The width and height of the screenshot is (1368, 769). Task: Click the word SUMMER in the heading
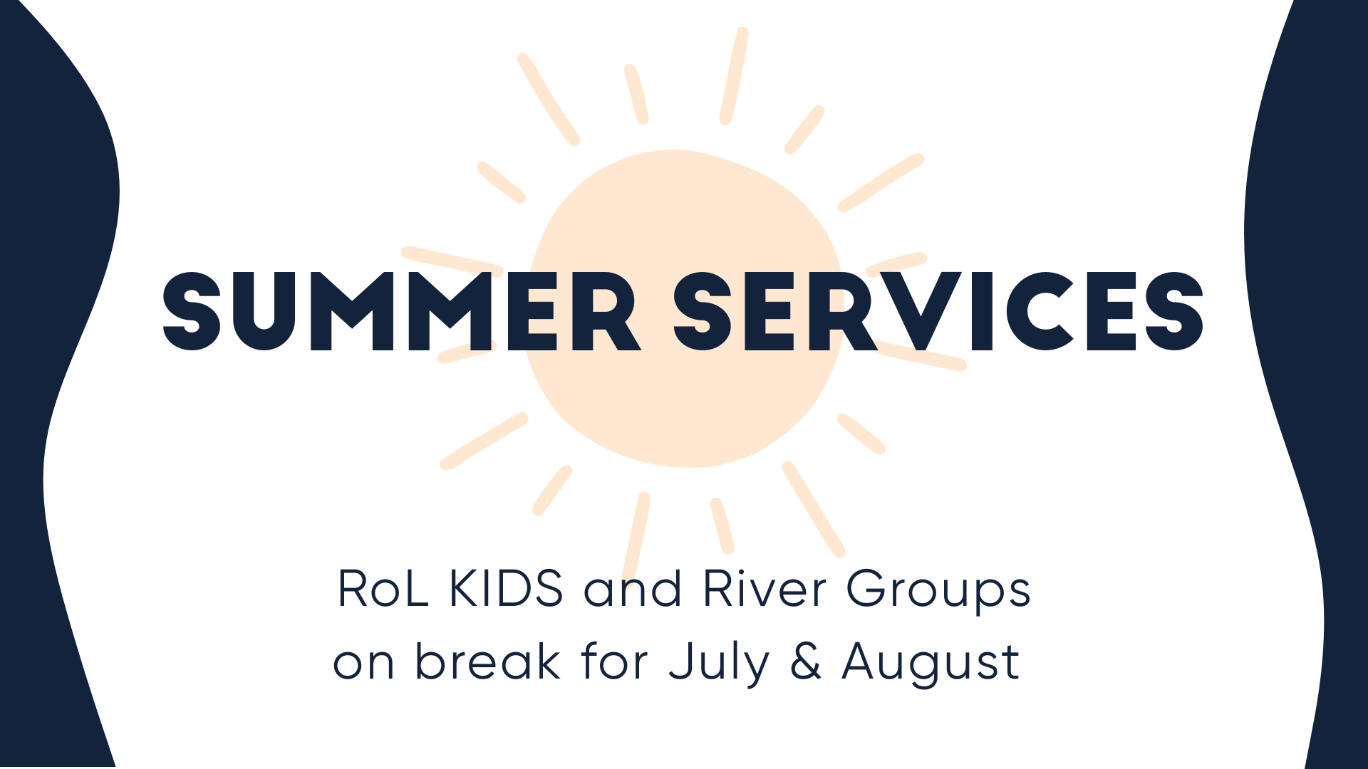(x=402, y=312)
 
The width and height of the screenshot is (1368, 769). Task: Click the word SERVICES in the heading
(x=938, y=312)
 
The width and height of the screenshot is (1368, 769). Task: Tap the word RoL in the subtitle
(x=383, y=589)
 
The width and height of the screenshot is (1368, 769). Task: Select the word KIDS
(x=507, y=589)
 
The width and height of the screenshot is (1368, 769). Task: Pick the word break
(x=487, y=661)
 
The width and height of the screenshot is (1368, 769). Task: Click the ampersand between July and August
(x=806, y=661)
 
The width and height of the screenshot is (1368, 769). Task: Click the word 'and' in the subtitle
(x=633, y=589)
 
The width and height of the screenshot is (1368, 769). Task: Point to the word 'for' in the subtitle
(x=614, y=661)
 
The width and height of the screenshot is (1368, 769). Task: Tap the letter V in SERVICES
(x=921, y=312)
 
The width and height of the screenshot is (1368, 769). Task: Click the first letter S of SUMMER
(x=192, y=312)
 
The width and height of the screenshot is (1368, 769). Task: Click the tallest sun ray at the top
(x=734, y=75)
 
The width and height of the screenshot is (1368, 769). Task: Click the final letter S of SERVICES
(x=1174, y=312)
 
